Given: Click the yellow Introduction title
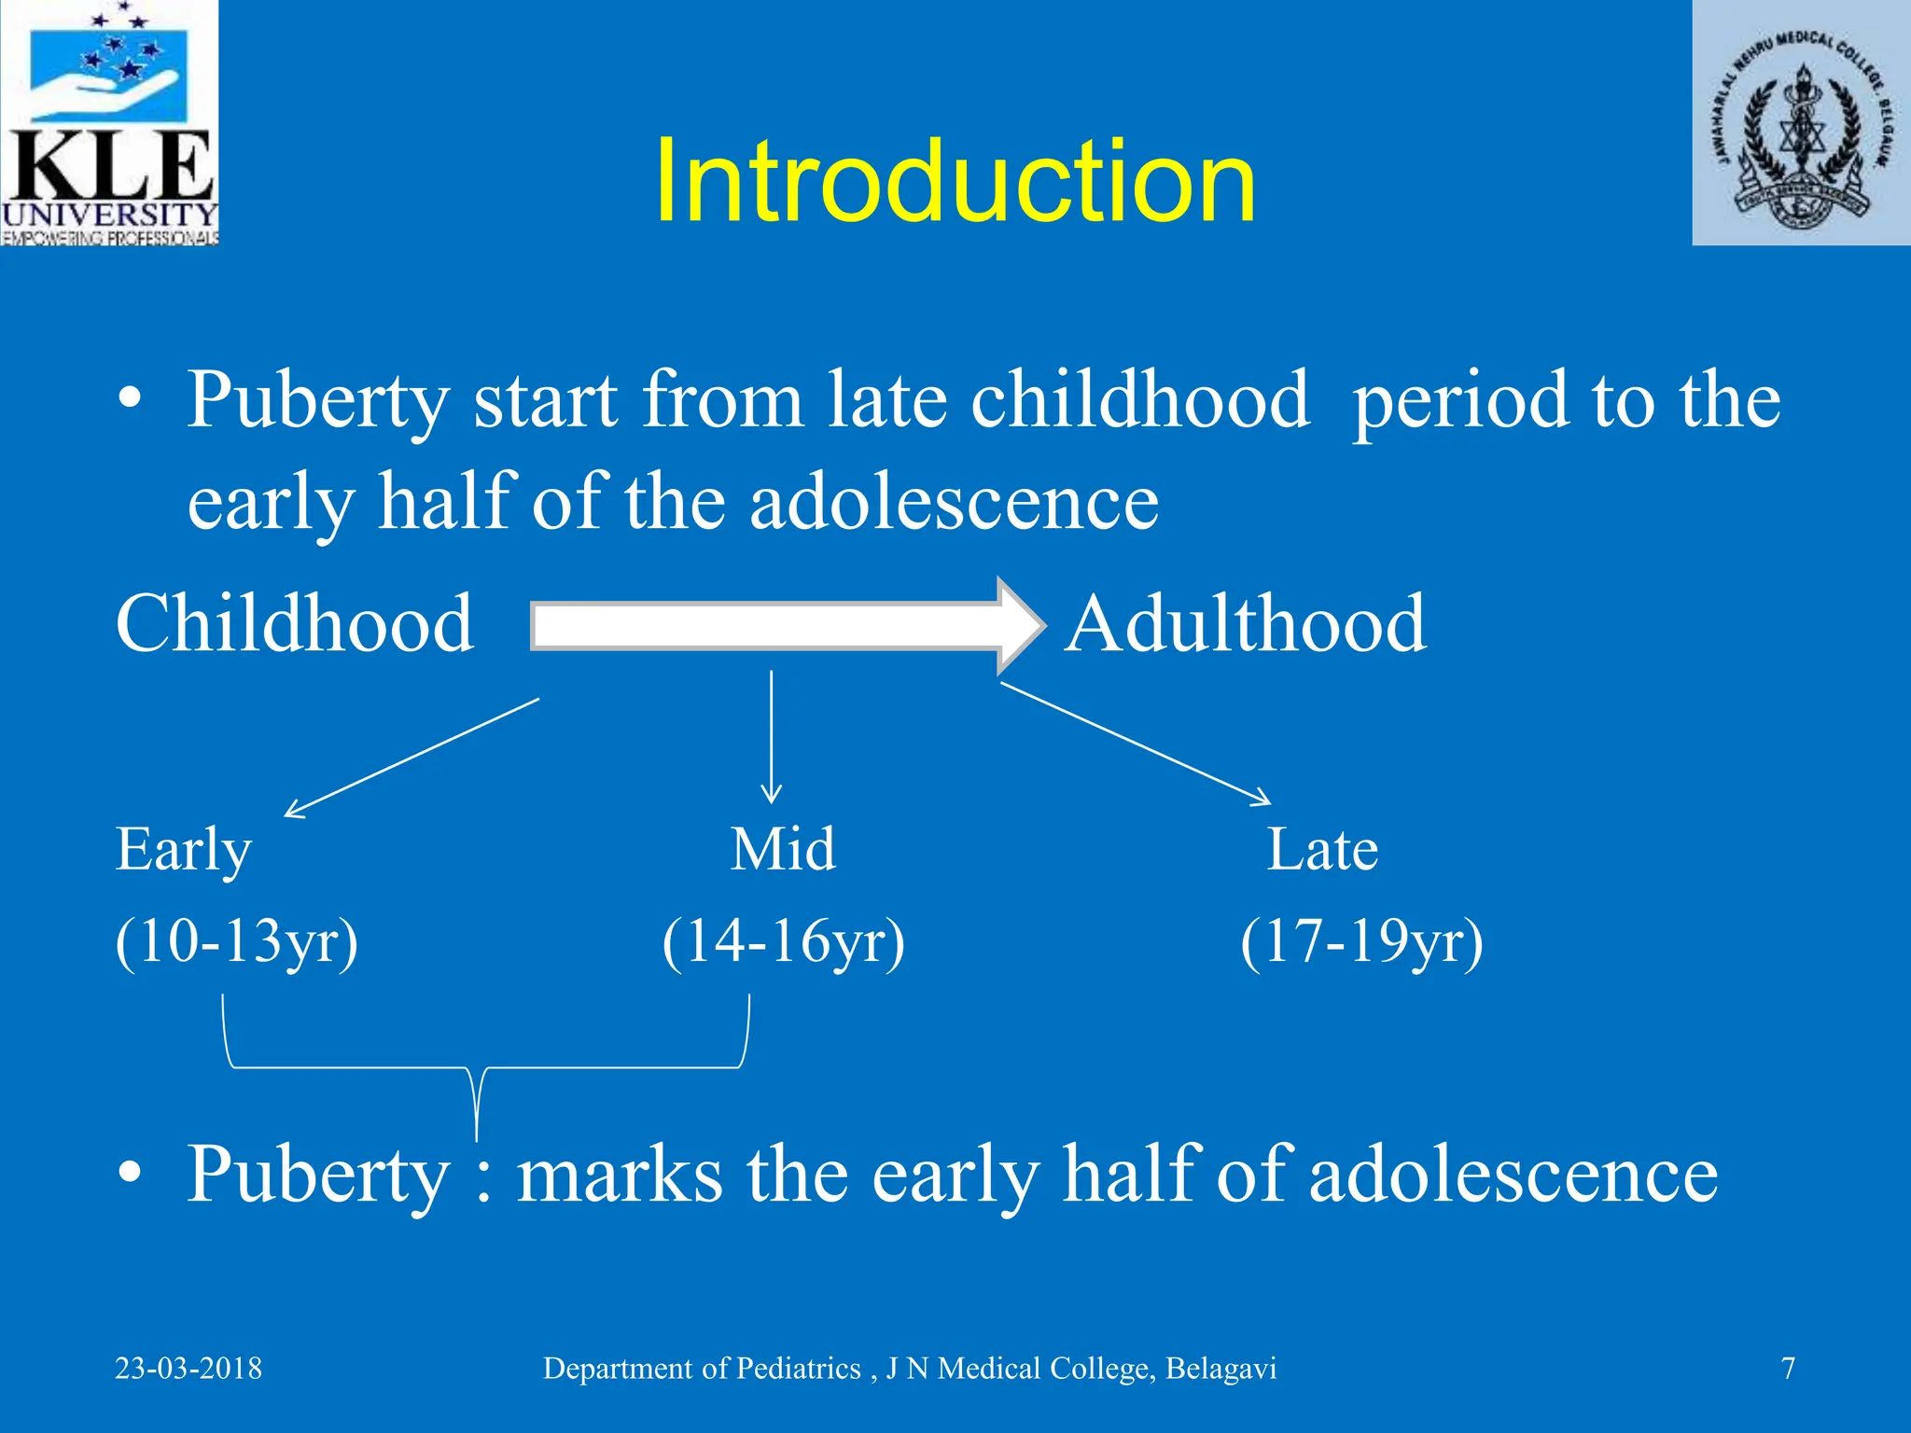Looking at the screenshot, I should point(955,181).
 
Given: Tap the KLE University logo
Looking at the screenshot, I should point(109,123).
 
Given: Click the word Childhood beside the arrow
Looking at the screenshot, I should point(295,624).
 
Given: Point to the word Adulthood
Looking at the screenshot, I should point(1246,624).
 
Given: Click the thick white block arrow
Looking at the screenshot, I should point(784,625).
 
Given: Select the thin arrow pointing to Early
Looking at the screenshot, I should point(411,758).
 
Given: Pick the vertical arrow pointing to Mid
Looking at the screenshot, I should point(771,737).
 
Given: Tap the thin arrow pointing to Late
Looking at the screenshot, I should point(1135,743).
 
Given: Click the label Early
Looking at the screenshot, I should point(183,850).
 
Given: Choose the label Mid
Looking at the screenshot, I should point(782,850).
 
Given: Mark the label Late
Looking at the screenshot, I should point(1321,850).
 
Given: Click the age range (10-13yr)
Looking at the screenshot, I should point(237,941).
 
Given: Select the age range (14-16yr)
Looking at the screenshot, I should point(783,941).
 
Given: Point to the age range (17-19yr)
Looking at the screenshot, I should point(1361,941).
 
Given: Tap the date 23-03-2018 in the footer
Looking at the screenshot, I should point(188,1369).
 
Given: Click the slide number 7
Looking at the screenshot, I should point(1788,1369).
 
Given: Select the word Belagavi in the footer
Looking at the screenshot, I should point(1221,1369).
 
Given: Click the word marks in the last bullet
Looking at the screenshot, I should point(619,1176).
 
